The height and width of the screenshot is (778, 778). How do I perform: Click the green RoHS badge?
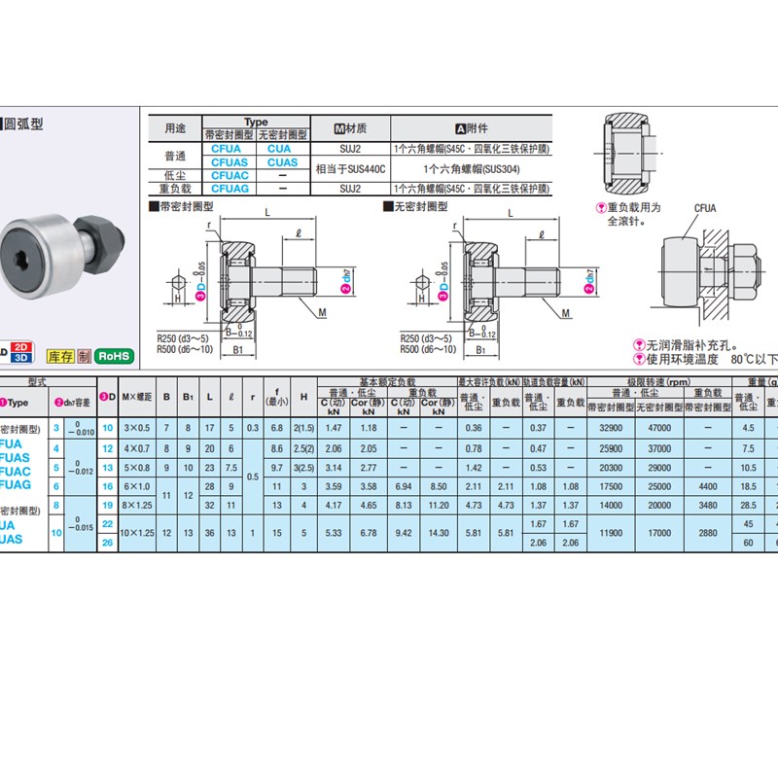click(x=115, y=356)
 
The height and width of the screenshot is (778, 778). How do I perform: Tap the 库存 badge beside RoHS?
click(x=59, y=356)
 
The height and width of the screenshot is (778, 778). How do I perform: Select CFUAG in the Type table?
click(x=230, y=189)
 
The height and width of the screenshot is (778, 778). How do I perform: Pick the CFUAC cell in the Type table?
click(x=230, y=176)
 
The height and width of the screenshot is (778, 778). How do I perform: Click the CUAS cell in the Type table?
click(x=283, y=163)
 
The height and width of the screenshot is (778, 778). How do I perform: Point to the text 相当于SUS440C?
click(x=351, y=169)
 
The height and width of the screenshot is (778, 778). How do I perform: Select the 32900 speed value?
click(x=611, y=428)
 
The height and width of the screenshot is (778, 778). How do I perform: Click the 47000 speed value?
click(x=659, y=428)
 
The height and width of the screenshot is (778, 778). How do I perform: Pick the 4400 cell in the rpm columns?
click(x=708, y=486)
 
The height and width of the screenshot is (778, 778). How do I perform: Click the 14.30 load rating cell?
click(x=438, y=533)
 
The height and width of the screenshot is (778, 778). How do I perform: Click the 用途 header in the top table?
click(x=175, y=128)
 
